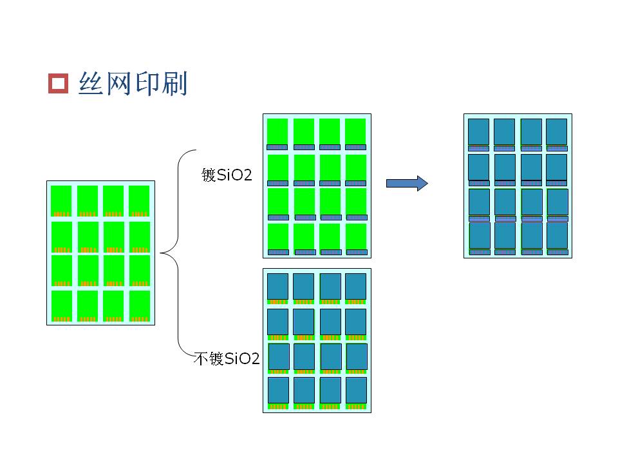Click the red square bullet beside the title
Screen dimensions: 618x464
[59, 83]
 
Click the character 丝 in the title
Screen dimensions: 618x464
[91, 83]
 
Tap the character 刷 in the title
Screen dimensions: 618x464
[174, 83]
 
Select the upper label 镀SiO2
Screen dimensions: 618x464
[227, 175]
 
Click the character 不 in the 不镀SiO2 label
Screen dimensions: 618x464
[201, 359]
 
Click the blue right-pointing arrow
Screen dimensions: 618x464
[407, 184]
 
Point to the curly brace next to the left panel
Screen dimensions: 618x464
[178, 253]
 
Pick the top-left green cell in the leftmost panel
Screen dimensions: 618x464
[61, 201]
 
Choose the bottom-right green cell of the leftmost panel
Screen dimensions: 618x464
[140, 306]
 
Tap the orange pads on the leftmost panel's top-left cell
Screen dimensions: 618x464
[62, 214]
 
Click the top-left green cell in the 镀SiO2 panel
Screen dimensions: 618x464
[277, 131]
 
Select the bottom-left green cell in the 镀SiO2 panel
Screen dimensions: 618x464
[278, 237]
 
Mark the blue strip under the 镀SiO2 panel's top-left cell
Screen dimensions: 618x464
[277, 147]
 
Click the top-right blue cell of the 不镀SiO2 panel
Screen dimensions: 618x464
[355, 286]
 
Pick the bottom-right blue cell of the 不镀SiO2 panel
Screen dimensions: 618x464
[356, 391]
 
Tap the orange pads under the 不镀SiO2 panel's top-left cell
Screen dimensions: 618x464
[277, 302]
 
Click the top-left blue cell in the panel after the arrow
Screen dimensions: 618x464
[478, 131]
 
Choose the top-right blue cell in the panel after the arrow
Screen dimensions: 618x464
[556, 131]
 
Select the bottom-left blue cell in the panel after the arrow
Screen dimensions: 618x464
[480, 236]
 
